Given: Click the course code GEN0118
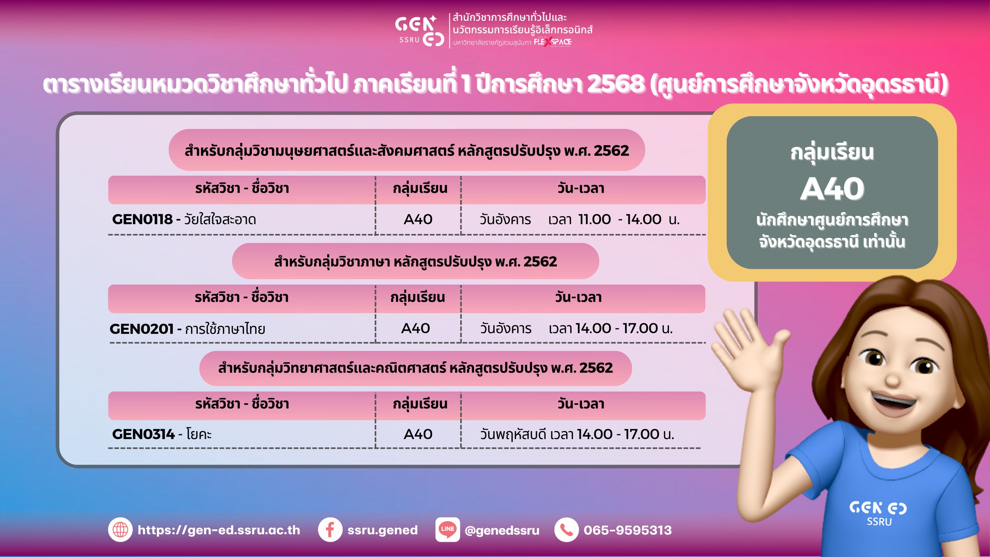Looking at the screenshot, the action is click(x=143, y=219).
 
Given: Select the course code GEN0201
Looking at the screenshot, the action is click(x=141, y=329).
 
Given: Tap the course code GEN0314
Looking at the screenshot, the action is click(x=143, y=434).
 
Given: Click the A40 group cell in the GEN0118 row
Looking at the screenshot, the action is click(x=418, y=219).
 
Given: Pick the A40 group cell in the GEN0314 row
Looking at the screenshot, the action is click(x=418, y=434).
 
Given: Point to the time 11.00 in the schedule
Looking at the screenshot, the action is click(x=595, y=219).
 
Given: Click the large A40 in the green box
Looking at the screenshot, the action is click(x=832, y=189).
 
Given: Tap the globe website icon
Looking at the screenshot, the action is click(x=120, y=530).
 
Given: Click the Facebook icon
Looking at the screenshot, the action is click(x=330, y=530).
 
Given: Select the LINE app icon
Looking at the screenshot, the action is click(x=447, y=530).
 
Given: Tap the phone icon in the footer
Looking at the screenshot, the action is click(x=566, y=530).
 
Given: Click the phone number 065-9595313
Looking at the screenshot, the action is click(x=628, y=530).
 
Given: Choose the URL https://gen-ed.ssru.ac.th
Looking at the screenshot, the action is click(x=219, y=530).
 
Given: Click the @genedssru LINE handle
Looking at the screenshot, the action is click(x=502, y=531).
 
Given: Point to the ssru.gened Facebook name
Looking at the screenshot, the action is click(x=382, y=530).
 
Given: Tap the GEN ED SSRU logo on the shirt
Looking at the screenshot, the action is click(x=879, y=513).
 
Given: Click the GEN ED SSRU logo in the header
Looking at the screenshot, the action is click(x=420, y=31).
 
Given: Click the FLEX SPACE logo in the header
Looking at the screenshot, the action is click(x=552, y=42).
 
